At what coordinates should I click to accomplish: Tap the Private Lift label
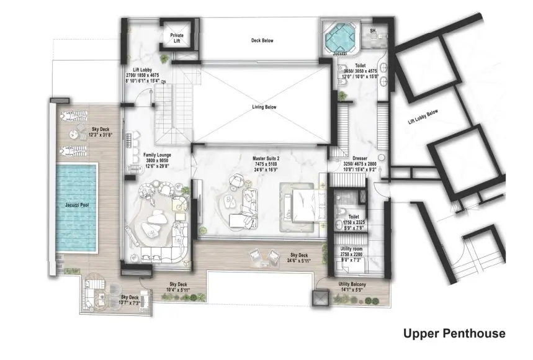[x=177, y=37]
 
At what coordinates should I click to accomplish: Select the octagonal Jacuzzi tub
[x=339, y=37]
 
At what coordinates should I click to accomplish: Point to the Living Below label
[x=264, y=107]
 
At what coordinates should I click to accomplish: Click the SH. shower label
[x=372, y=29]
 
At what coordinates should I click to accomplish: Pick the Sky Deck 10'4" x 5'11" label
[x=179, y=286]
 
